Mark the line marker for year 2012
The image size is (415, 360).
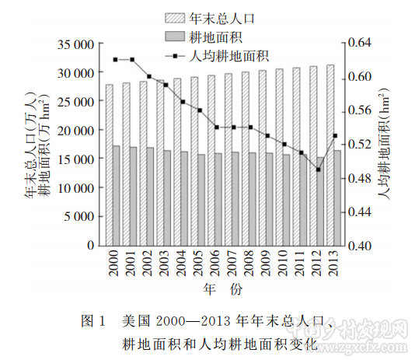point(318,170)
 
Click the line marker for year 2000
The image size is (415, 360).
point(115,59)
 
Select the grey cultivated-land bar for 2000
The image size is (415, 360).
point(117,195)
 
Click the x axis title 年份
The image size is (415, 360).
point(222,289)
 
